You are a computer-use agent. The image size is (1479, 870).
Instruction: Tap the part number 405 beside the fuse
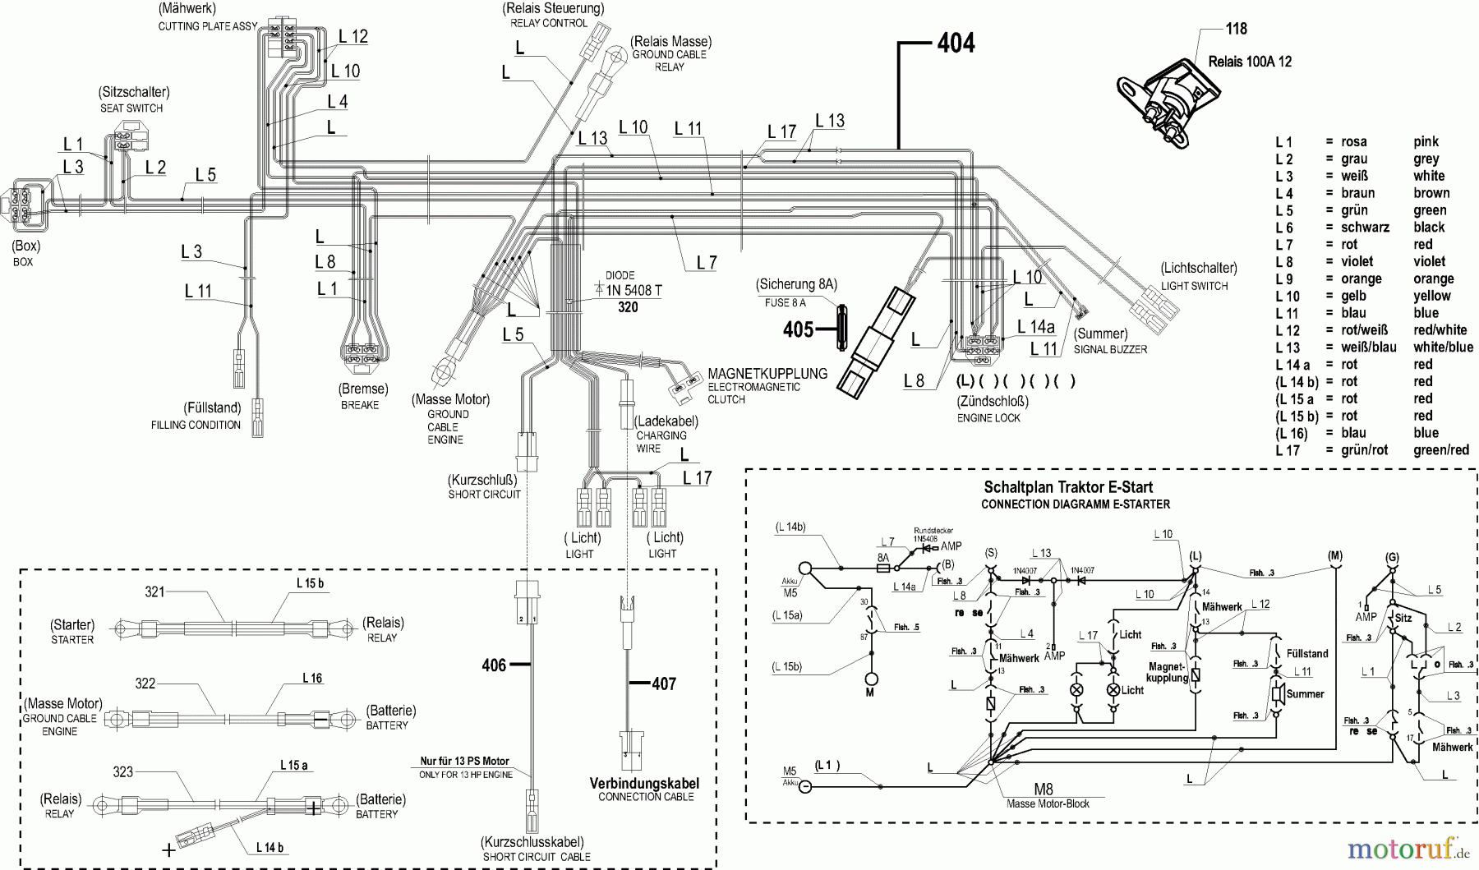coord(798,330)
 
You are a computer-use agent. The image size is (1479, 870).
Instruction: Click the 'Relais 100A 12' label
coord(1250,62)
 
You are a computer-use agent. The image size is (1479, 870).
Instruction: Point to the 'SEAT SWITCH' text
coord(131,108)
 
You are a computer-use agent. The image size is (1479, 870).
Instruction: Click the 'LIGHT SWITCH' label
coord(1194,286)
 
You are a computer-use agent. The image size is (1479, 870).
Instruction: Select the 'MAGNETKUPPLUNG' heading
coord(767,374)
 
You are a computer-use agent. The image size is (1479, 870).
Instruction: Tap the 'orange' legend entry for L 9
coord(1434,279)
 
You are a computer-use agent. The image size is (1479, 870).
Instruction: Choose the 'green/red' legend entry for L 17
coord(1440,450)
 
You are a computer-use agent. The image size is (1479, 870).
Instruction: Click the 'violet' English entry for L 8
coord(1429,262)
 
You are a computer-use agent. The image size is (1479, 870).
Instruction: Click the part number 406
coord(494,665)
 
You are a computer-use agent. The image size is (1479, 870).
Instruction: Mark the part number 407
coord(664,684)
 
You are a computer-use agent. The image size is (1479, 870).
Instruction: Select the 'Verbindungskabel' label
coord(645,783)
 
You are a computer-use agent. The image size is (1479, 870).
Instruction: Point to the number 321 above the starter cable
coord(155,592)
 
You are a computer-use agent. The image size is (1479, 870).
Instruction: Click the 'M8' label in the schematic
coord(1043,790)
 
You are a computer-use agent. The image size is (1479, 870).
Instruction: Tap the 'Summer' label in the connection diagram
coord(1305,694)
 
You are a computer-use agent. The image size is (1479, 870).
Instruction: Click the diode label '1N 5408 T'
coord(634,291)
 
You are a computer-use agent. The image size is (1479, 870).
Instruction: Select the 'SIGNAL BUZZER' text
coord(1110,349)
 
